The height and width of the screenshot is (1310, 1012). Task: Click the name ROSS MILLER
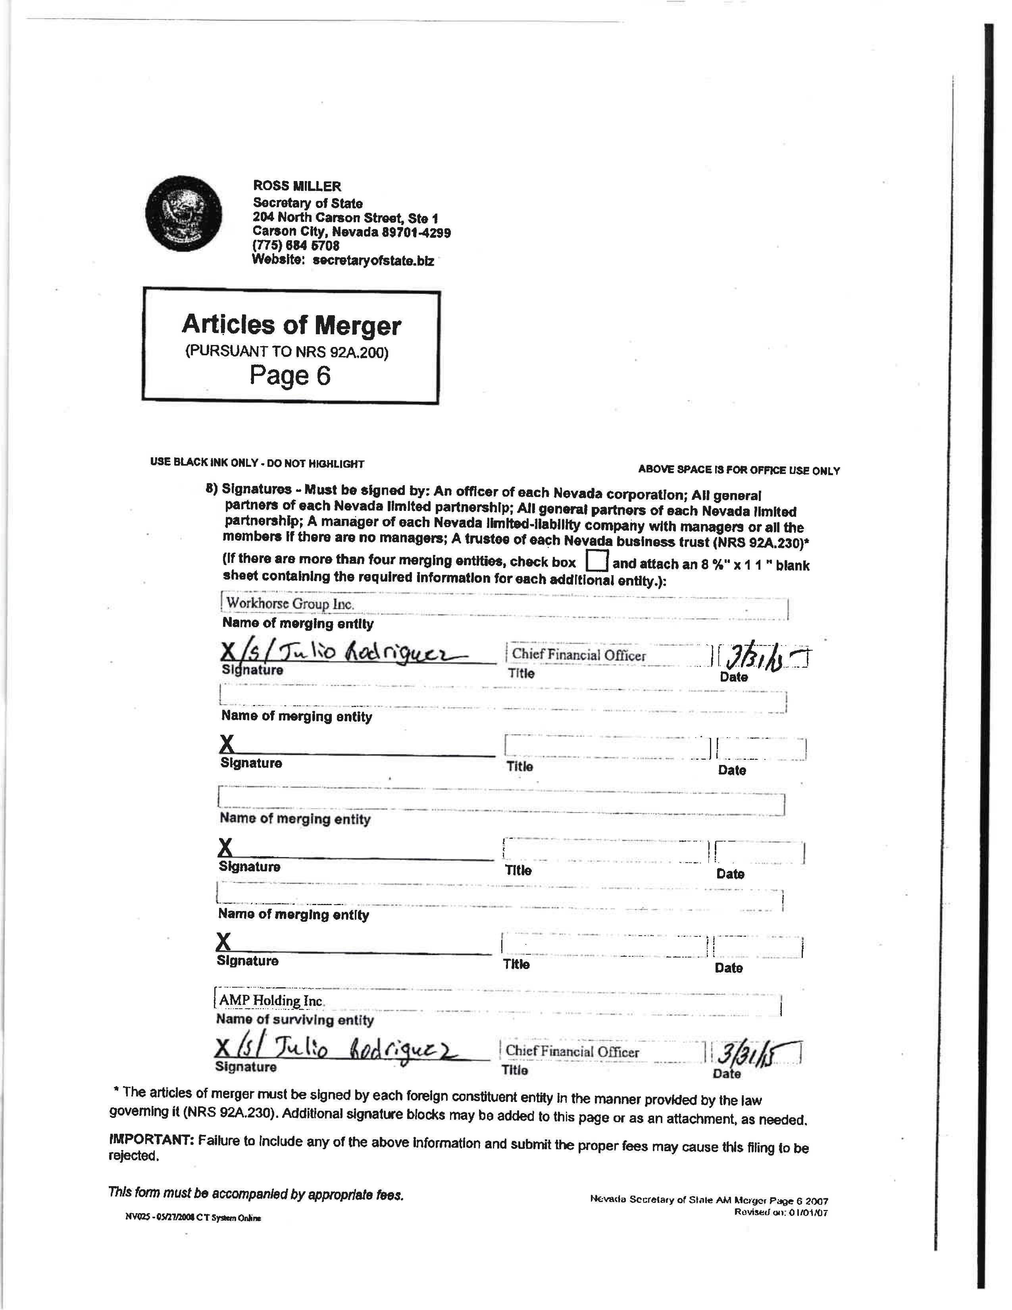pos(297,187)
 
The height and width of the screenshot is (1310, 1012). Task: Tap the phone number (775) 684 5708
pos(296,246)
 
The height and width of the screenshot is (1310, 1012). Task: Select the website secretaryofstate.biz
pos(373,261)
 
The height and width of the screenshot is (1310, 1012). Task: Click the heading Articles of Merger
pos(291,325)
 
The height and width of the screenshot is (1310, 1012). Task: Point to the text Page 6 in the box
pos(290,376)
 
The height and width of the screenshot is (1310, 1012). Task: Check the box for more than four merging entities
pos(596,561)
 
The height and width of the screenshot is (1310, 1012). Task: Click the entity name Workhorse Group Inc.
pos(290,603)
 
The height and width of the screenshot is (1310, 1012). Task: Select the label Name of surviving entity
pos(294,1020)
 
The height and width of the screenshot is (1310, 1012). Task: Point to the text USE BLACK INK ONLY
pos(204,462)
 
